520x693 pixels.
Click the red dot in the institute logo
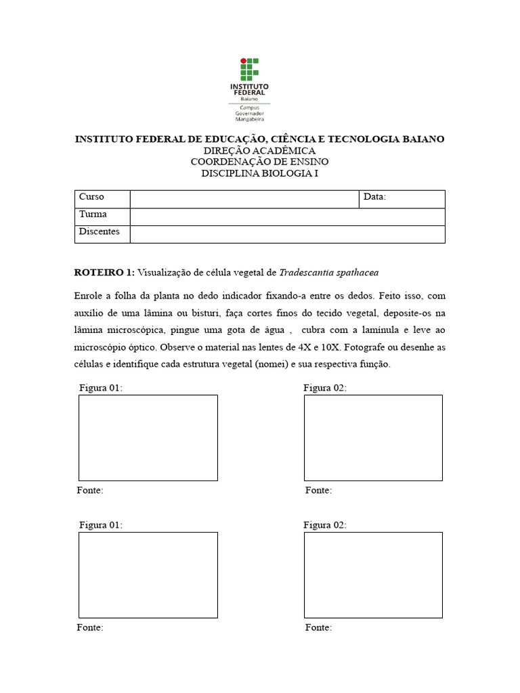point(244,62)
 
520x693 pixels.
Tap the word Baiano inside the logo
point(249,99)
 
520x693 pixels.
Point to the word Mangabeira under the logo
point(249,119)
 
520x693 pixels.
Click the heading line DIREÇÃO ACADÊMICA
point(259,150)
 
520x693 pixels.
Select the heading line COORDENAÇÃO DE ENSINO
point(259,162)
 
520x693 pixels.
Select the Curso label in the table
point(91,197)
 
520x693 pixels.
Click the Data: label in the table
point(374,197)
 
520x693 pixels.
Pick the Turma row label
point(93,215)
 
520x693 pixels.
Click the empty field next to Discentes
point(287,233)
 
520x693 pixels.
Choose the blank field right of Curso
point(244,198)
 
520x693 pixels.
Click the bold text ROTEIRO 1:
point(104,273)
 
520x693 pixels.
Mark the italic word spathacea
point(357,273)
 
